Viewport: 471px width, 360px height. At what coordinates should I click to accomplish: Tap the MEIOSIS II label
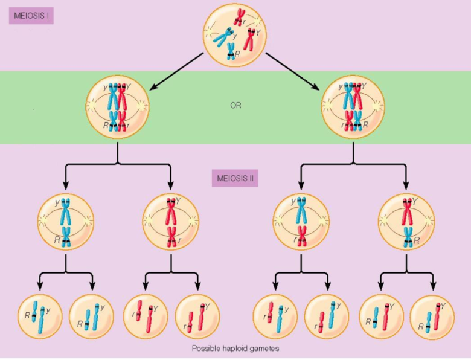click(x=235, y=179)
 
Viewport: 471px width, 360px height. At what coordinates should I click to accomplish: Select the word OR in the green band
click(x=235, y=105)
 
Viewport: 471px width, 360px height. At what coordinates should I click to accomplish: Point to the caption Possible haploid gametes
click(x=235, y=349)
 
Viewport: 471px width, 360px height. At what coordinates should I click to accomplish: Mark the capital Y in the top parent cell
click(x=258, y=33)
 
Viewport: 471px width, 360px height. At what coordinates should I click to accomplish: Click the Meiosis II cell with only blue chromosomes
click(x=66, y=222)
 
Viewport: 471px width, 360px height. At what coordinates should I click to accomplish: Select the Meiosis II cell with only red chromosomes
click(x=171, y=222)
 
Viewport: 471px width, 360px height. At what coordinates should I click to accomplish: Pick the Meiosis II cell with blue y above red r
click(x=301, y=222)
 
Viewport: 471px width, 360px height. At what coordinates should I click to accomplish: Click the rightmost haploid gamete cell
click(x=433, y=315)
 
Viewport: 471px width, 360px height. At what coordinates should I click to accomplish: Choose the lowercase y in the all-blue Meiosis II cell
click(x=57, y=202)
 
